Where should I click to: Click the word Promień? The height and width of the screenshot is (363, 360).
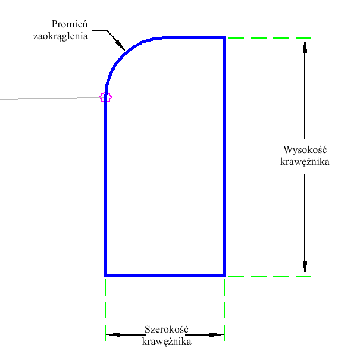[x=70, y=24]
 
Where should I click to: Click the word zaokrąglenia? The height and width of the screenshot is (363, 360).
[x=61, y=36]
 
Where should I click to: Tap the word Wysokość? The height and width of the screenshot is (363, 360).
[x=306, y=149]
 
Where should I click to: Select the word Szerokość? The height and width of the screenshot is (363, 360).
[x=166, y=330]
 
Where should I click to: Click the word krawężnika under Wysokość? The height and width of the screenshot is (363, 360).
[x=305, y=161]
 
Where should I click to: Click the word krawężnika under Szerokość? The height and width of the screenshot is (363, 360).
[x=166, y=342]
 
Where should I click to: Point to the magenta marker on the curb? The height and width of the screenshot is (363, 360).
[x=105, y=97]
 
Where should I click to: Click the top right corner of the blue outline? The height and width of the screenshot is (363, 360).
[x=224, y=38]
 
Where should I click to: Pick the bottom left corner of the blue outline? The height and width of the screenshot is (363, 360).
[x=105, y=276]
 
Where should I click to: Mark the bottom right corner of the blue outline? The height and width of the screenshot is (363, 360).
[x=224, y=276]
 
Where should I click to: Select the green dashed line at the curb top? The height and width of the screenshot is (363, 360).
[x=268, y=38]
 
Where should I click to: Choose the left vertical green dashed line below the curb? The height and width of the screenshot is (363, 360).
[x=105, y=306]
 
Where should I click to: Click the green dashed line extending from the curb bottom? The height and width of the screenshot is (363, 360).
[x=268, y=276]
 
